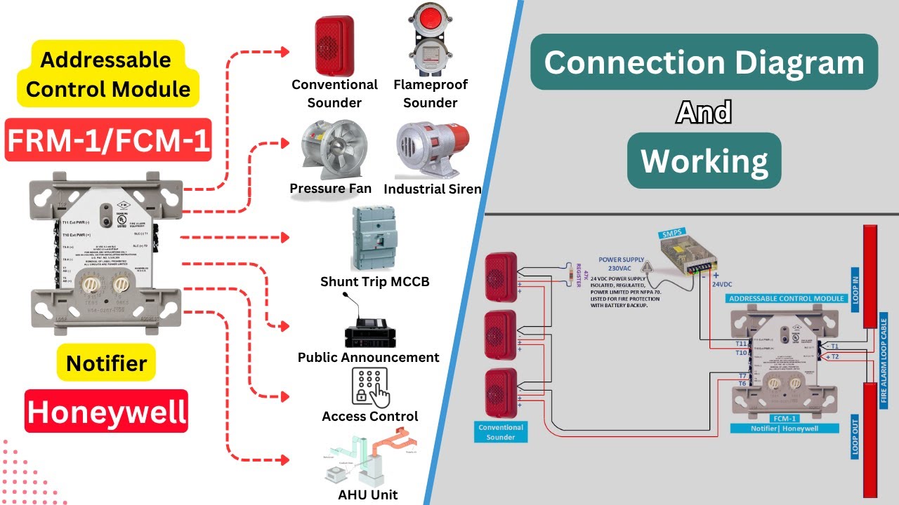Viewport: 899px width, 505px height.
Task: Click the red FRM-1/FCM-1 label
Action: [108, 140]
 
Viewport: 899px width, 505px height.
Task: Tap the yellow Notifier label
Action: [106, 363]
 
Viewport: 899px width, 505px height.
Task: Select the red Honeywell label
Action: [107, 412]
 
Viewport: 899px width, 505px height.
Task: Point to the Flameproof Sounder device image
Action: [431, 40]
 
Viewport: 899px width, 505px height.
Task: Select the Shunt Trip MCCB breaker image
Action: [374, 239]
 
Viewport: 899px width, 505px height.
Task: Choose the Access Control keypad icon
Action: [369, 387]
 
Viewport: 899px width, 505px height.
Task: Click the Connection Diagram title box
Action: [704, 62]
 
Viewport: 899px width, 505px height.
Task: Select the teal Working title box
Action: [704, 161]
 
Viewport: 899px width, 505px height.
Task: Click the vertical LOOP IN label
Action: [855, 288]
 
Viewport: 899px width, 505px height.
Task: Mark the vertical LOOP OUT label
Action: [855, 435]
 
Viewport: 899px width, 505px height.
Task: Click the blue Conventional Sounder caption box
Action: [501, 432]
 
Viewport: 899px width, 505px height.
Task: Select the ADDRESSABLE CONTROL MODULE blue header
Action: [786, 298]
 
